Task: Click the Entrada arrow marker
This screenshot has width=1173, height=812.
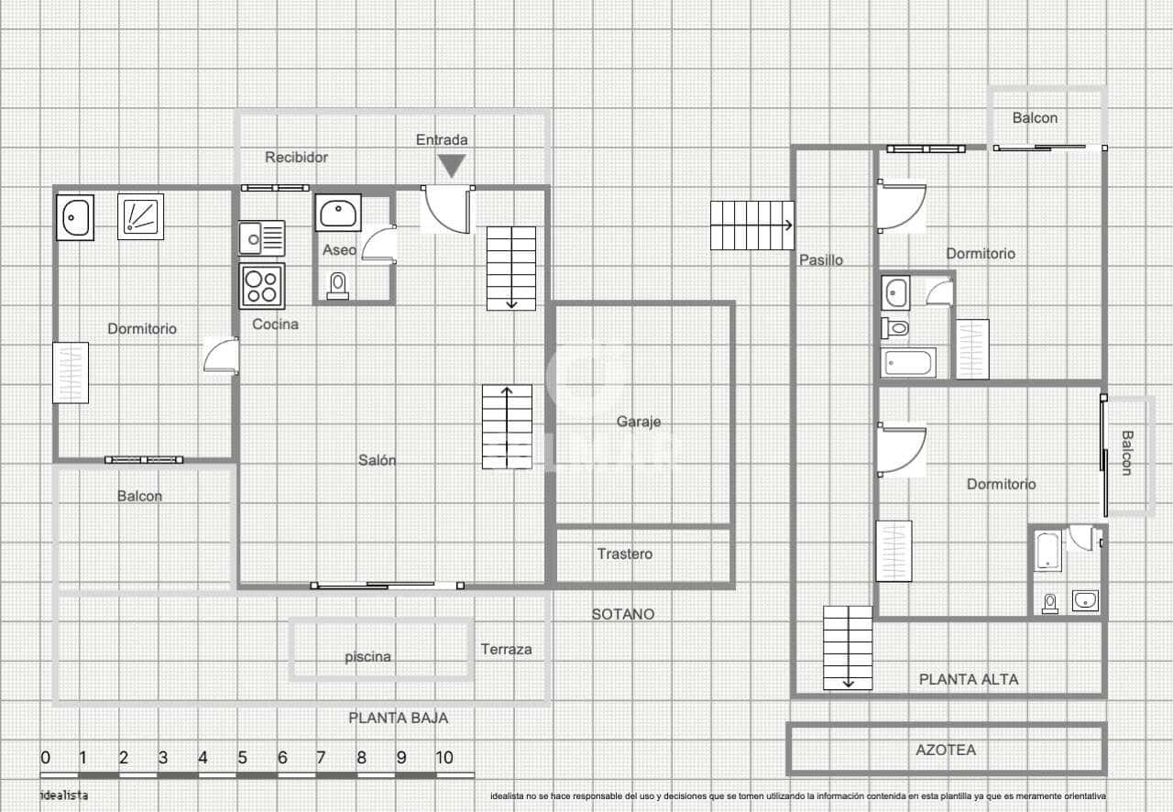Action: [x=451, y=166]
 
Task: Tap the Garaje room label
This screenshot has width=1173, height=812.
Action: [x=638, y=422]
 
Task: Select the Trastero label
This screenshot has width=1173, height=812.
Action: [x=625, y=554]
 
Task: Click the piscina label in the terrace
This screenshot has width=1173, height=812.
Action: [x=367, y=656]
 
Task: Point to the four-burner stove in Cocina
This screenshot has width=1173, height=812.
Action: [x=262, y=286]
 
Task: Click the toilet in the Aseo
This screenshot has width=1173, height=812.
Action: [x=338, y=286]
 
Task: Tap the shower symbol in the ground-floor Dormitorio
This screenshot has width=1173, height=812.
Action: [x=140, y=216]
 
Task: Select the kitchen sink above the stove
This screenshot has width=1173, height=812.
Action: [x=261, y=238]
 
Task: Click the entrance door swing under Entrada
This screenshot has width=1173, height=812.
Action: [x=447, y=209]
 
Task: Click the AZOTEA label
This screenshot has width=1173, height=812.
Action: [x=946, y=750]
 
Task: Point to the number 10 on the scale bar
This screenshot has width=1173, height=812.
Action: [x=444, y=758]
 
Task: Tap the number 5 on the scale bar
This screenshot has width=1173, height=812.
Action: [x=242, y=758]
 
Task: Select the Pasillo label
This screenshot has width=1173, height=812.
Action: [x=821, y=260]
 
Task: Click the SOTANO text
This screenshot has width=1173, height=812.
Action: [x=623, y=614]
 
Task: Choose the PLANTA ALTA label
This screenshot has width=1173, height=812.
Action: [x=969, y=679]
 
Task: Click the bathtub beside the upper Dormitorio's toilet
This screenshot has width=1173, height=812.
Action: [x=908, y=362]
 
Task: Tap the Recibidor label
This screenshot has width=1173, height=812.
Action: [x=296, y=158]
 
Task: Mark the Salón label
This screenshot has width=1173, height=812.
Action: [x=377, y=460]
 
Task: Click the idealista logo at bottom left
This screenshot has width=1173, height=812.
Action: [x=64, y=796]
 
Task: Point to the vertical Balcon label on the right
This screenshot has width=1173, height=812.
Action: [x=1126, y=453]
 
